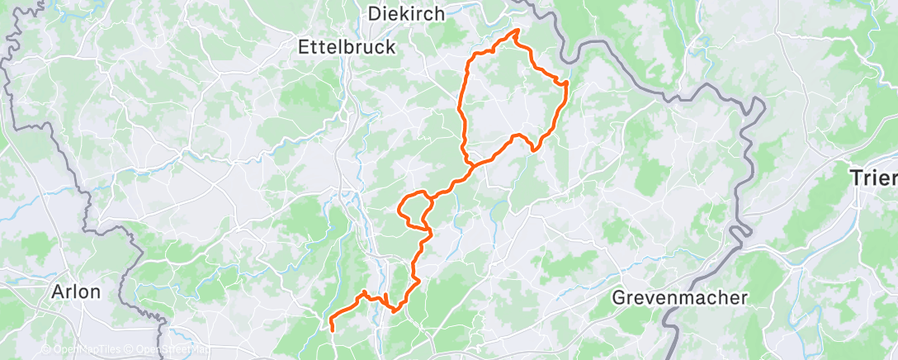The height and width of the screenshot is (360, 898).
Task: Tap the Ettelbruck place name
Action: [x=347, y=48]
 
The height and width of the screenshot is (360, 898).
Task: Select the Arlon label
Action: [x=76, y=291]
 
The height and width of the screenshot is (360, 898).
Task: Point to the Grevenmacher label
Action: [x=680, y=297]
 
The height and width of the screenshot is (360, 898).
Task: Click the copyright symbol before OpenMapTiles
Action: [x=46, y=349]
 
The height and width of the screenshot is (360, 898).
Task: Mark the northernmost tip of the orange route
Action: [x=517, y=31]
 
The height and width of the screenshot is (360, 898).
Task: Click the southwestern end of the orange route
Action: [x=332, y=329]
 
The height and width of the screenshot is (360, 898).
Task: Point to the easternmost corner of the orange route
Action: [x=567, y=83]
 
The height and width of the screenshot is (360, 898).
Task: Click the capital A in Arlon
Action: [x=59, y=291]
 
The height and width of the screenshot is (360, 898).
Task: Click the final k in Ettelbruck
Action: [x=390, y=48]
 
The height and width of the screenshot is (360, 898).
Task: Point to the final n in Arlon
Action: [x=95, y=291]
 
